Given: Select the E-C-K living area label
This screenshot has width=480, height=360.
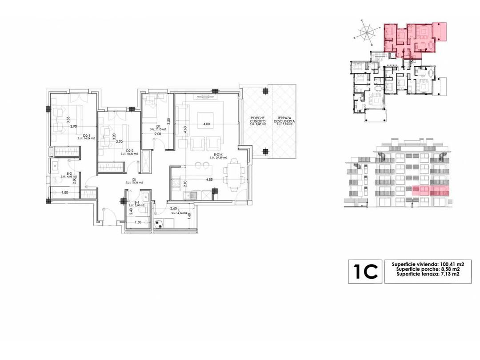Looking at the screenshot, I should pyautogui.click(x=218, y=155).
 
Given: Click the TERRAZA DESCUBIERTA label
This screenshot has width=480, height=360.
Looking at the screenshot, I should pyautogui.click(x=285, y=120).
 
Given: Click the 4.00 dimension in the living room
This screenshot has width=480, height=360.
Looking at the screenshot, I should pyautogui.click(x=207, y=124).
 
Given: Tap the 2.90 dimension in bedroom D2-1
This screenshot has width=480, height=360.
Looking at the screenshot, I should pyautogui.click(x=74, y=127).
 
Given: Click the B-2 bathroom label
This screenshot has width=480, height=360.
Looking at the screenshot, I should pyautogui.click(x=69, y=174).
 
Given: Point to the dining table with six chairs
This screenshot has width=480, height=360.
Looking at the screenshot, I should pyautogui.click(x=233, y=174).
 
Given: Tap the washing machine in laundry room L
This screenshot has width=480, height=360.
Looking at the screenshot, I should pyautogui.click(x=159, y=224).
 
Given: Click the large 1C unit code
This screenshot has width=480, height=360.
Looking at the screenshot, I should pyautogui.click(x=365, y=271).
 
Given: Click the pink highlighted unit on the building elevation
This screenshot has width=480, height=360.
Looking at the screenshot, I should pyautogui.click(x=428, y=191).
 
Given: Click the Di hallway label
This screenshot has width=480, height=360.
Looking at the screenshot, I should pyautogui.click(x=128, y=180).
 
